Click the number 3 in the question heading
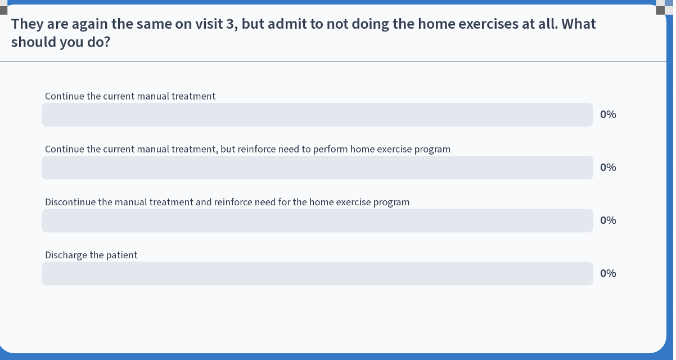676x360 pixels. (x=230, y=24)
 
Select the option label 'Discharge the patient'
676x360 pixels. (x=91, y=255)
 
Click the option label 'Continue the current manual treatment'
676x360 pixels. (x=130, y=96)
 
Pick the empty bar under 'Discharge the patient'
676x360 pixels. (x=317, y=273)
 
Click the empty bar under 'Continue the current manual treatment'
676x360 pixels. (x=317, y=115)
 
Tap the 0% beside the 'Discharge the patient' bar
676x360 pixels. (x=608, y=273)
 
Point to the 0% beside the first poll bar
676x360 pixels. (x=608, y=115)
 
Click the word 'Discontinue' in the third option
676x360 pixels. (x=70, y=202)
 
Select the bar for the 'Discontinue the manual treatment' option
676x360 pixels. (x=317, y=220)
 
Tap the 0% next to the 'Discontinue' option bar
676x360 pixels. (x=608, y=220)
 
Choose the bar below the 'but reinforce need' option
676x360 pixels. (x=317, y=168)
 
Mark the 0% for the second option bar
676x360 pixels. (x=608, y=168)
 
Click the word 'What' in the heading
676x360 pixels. (x=579, y=24)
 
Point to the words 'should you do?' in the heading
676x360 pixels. (x=61, y=42)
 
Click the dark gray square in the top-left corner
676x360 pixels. (x=3, y=10)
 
